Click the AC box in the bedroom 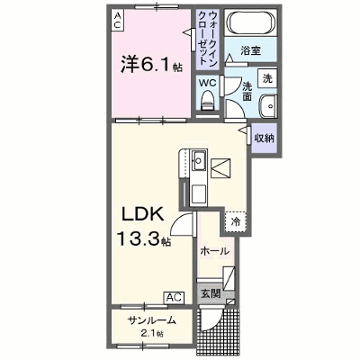117,20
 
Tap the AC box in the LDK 174,298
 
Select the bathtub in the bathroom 251,22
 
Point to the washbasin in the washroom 267,106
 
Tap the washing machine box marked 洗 267,78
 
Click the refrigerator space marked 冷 236,221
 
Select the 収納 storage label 265,138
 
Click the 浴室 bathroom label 250,50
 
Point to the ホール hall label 214,251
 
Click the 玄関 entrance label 211,293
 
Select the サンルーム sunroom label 151,320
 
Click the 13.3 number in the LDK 139,239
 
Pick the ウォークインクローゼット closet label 208,38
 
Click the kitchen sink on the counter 198,160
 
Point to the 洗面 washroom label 247,91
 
